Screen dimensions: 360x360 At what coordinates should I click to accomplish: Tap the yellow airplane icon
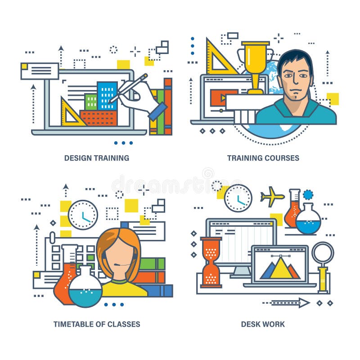(x=272, y=197)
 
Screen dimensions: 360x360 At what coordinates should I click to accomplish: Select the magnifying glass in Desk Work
(x=323, y=254)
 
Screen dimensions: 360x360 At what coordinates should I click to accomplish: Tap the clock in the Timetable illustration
(x=83, y=215)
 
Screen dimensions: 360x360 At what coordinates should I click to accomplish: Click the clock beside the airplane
(x=238, y=198)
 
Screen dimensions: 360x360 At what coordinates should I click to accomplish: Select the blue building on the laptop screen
(x=107, y=96)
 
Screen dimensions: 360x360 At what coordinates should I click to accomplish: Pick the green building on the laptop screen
(x=91, y=102)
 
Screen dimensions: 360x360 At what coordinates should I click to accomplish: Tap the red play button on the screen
(x=218, y=98)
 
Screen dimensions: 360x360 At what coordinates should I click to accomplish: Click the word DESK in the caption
(x=250, y=324)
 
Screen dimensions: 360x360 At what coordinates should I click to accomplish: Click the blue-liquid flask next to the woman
(x=85, y=288)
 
